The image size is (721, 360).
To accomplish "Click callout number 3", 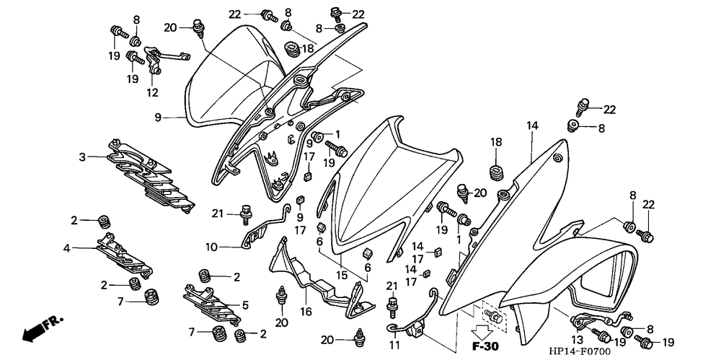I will click(82, 157).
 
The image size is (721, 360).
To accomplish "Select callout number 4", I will click(66, 248).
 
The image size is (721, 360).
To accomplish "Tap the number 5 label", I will click(245, 304).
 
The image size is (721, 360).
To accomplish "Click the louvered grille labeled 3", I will click(148, 173).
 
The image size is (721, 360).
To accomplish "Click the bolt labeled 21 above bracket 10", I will click(248, 212).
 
